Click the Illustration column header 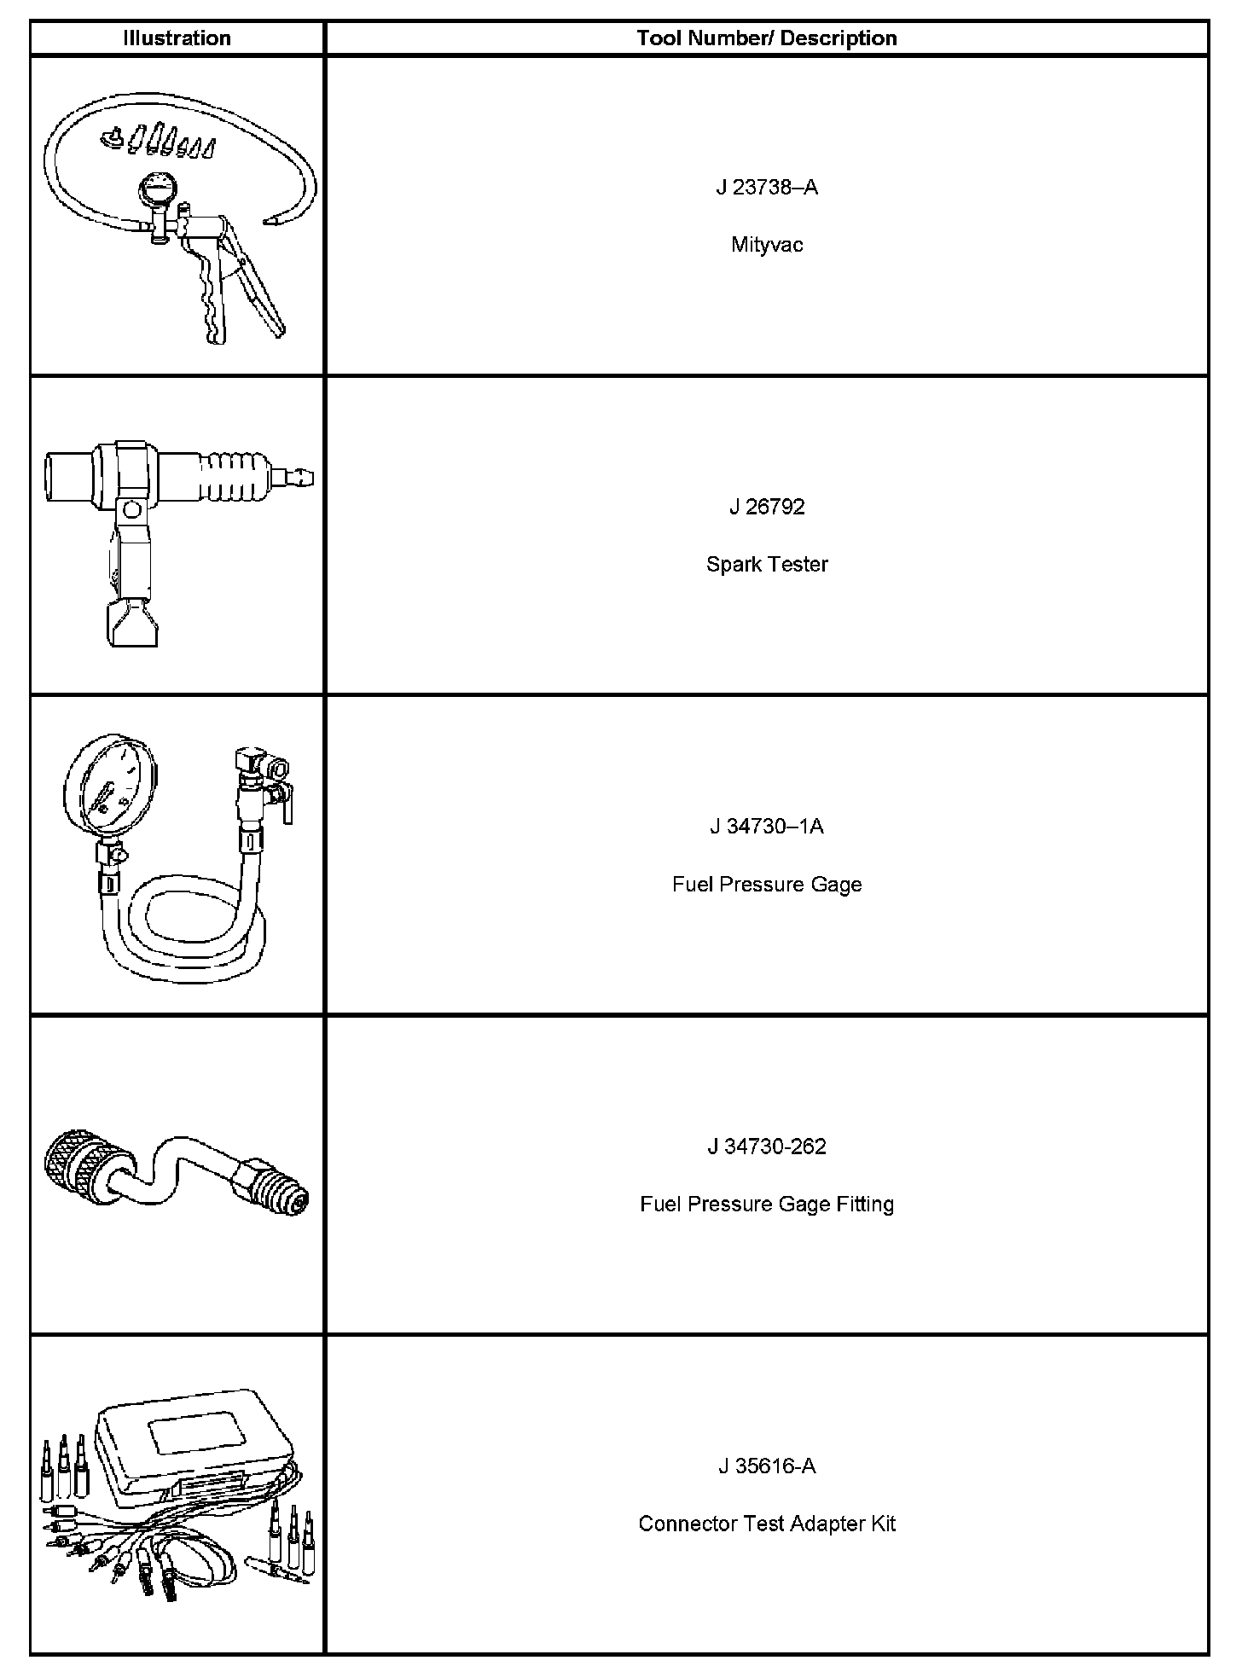(177, 38)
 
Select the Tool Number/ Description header (766, 38)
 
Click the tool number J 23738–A (766, 188)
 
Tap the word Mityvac (766, 245)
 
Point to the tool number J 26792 (766, 507)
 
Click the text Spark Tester (766, 564)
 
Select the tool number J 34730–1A (766, 827)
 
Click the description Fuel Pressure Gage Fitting (766, 1204)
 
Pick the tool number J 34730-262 (766, 1147)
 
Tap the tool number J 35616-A (766, 1466)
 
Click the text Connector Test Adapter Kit (766, 1524)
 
